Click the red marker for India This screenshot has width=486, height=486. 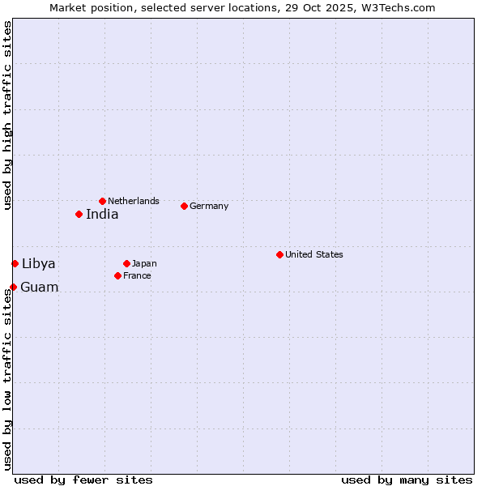click(x=79, y=214)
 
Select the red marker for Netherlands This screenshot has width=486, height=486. click(x=102, y=201)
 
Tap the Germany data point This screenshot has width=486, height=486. click(x=184, y=206)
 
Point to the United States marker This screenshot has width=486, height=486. click(x=279, y=254)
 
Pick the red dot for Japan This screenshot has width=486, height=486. click(x=126, y=263)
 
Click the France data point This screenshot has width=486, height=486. click(x=117, y=275)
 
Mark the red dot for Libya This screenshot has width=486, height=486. click(x=15, y=263)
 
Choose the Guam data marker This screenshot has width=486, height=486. click(x=13, y=287)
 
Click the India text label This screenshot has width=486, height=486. click(x=102, y=215)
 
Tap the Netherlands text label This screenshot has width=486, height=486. click(x=134, y=201)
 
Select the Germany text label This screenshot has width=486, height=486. click(x=209, y=207)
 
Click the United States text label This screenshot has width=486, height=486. click(x=314, y=255)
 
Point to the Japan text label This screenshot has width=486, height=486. click(x=144, y=264)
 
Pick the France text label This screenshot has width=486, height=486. click(x=138, y=276)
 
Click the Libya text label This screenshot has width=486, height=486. click(x=39, y=264)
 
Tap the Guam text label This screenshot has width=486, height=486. click(x=40, y=288)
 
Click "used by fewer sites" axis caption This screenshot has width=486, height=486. click(x=83, y=480)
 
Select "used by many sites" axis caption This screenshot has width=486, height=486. click(x=407, y=480)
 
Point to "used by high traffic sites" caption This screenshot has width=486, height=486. click(x=8, y=115)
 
